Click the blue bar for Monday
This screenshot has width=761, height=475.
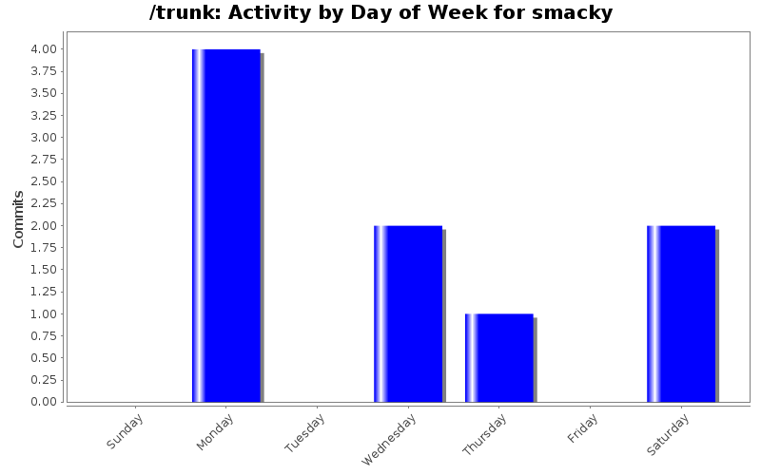(x=226, y=225)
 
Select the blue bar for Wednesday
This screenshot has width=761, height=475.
(x=408, y=313)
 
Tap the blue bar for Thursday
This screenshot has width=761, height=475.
(x=499, y=357)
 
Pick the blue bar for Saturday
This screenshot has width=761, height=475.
(x=681, y=313)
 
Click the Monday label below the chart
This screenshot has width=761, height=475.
(x=216, y=432)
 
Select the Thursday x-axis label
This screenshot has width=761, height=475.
(x=484, y=435)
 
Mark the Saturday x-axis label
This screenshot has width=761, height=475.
(x=669, y=434)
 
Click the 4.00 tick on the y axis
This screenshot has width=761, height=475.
(x=43, y=49)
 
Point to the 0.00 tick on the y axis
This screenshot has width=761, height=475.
(x=43, y=402)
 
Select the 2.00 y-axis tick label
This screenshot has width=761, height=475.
(x=43, y=225)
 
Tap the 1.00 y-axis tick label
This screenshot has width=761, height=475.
(x=43, y=313)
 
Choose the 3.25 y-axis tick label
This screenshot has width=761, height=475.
(x=43, y=115)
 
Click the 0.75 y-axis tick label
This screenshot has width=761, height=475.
(x=43, y=335)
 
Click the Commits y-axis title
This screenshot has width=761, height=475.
(x=18, y=219)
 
